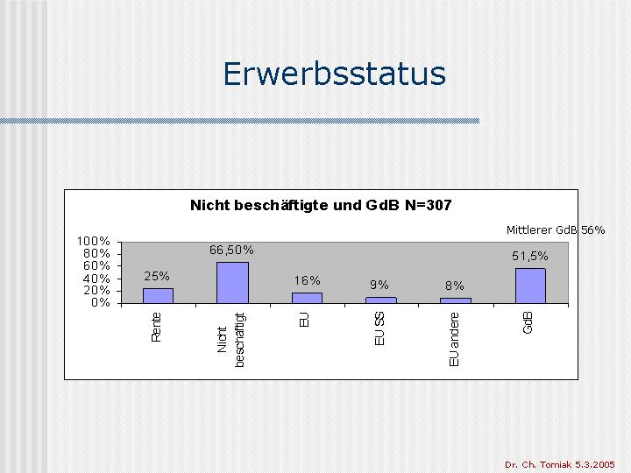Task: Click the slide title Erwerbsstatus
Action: click(335, 74)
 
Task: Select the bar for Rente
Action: click(158, 296)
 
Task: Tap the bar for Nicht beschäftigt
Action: click(232, 283)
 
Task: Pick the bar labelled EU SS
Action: click(381, 300)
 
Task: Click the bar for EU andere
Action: click(456, 300)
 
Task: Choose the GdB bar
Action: click(530, 286)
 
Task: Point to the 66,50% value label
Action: click(231, 251)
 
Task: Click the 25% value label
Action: click(157, 276)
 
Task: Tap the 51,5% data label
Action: click(530, 256)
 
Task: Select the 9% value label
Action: click(379, 286)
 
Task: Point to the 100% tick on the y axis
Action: click(94, 242)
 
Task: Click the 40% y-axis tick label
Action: click(96, 279)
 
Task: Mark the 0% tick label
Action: click(101, 302)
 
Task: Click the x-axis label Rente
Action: click(156, 328)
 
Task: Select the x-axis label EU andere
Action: click(454, 340)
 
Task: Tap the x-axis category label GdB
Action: click(528, 323)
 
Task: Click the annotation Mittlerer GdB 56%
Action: click(556, 230)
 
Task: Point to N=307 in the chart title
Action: click(429, 205)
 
